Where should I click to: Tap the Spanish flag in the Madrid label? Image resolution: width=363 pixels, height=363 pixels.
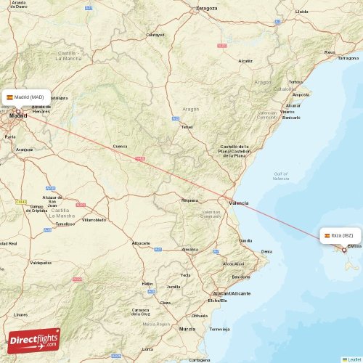point(10,97)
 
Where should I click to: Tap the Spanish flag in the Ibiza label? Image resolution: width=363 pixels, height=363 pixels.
point(327,235)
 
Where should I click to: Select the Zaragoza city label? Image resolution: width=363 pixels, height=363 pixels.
point(207,9)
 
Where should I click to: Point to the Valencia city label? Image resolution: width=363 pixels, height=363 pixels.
point(238,203)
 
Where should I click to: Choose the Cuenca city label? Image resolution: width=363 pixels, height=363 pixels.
point(120,146)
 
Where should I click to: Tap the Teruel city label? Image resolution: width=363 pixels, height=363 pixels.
point(187,126)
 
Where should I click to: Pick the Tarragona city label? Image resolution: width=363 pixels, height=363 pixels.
point(348,58)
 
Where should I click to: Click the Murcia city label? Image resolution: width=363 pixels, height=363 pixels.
point(187,329)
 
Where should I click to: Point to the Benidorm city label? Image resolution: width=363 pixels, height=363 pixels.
point(241,277)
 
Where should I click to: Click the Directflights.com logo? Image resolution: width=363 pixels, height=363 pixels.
point(34,340)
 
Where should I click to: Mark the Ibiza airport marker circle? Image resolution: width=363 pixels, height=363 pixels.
point(344,250)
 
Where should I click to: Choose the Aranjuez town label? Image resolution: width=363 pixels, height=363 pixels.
point(25,149)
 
